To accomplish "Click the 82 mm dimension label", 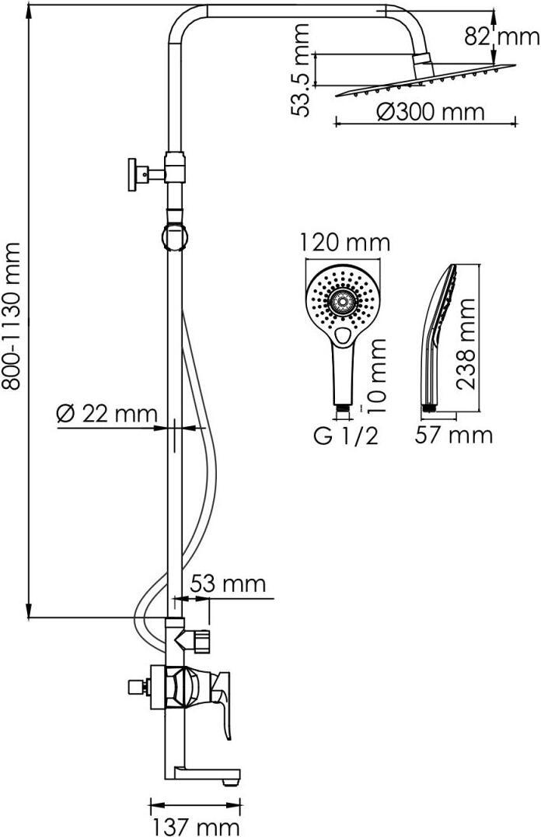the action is (x=501, y=37).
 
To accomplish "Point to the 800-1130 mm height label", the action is (x=12, y=316).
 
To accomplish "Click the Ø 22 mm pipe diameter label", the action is (x=107, y=413).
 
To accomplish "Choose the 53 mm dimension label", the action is (x=228, y=583).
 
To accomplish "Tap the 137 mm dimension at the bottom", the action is (x=196, y=827).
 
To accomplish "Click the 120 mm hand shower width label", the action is (x=344, y=243).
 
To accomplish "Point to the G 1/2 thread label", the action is (x=346, y=436).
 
